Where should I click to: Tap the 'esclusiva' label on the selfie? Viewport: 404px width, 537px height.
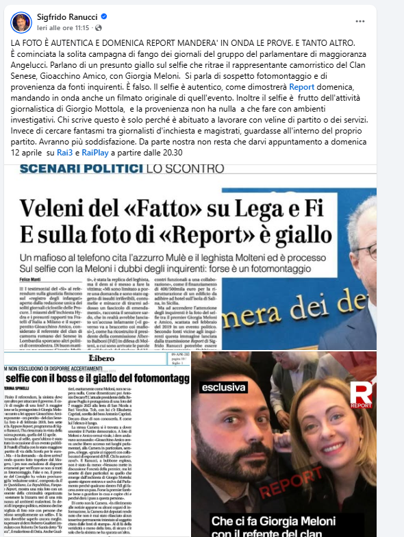pos(223,387)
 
